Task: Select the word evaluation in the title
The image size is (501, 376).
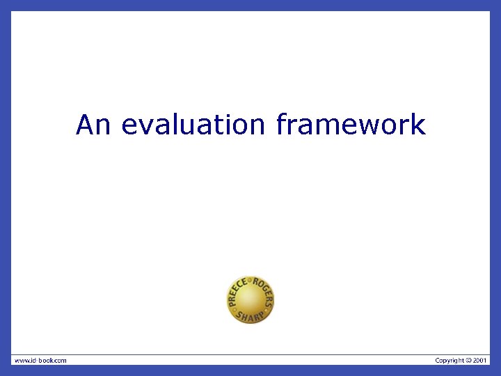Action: [x=193, y=125]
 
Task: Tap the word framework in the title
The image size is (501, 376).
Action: [x=351, y=125]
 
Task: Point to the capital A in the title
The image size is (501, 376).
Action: [x=85, y=125]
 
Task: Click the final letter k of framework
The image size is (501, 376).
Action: [x=419, y=125]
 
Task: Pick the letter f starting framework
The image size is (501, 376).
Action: [x=280, y=125]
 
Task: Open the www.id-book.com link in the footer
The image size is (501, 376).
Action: [x=40, y=360]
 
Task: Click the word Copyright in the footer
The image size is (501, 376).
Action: [x=450, y=360]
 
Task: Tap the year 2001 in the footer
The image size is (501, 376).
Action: [x=481, y=360]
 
